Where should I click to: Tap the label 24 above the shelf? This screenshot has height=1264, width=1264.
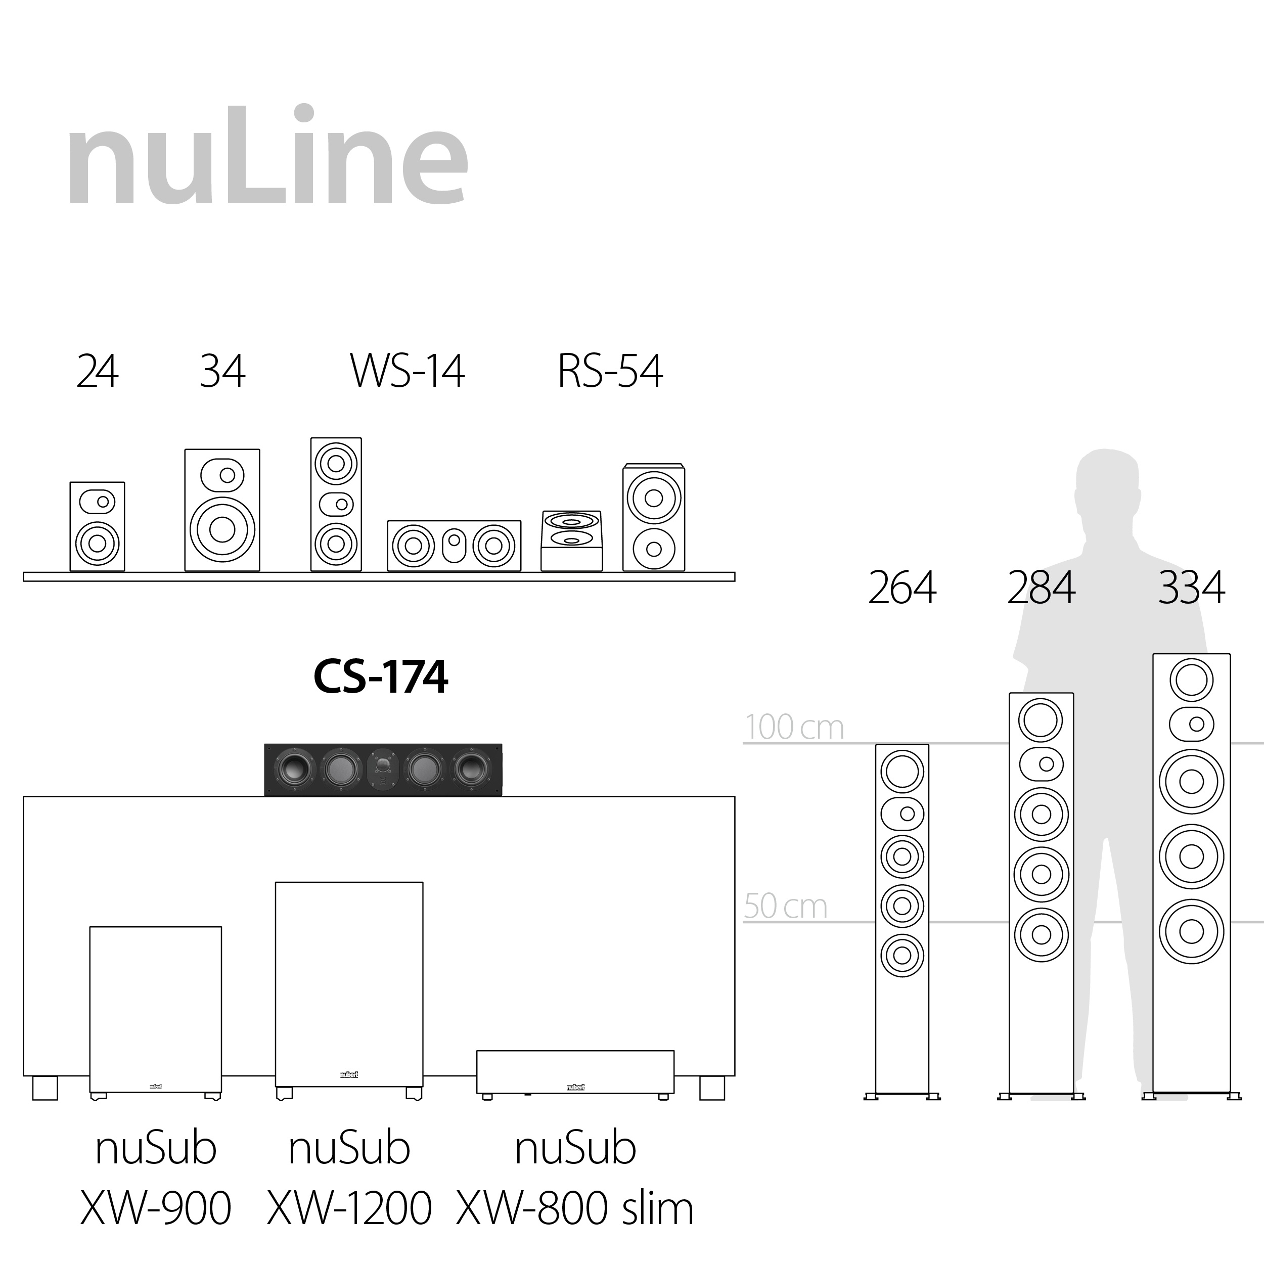point(98,372)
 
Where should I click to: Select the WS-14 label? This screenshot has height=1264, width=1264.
point(407,372)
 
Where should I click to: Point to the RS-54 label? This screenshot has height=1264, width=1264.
point(610,372)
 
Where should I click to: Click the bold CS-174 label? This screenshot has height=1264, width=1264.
point(381,676)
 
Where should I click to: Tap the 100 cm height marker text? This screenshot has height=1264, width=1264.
point(794,727)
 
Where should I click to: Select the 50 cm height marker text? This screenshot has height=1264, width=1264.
point(786,906)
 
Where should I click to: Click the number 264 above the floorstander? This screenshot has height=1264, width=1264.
point(902,588)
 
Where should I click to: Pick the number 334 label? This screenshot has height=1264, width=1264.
point(1191,588)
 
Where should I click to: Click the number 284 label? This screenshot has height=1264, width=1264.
point(1041,588)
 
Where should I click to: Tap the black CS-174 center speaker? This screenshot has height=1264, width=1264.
point(383,770)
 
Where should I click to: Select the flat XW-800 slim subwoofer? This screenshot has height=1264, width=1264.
point(575,1071)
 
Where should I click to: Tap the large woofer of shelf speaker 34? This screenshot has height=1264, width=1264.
point(222,529)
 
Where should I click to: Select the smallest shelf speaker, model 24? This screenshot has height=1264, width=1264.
point(98,527)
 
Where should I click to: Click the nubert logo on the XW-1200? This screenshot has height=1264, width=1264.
point(349,1075)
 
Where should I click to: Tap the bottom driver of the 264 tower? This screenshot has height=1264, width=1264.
point(902,955)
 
